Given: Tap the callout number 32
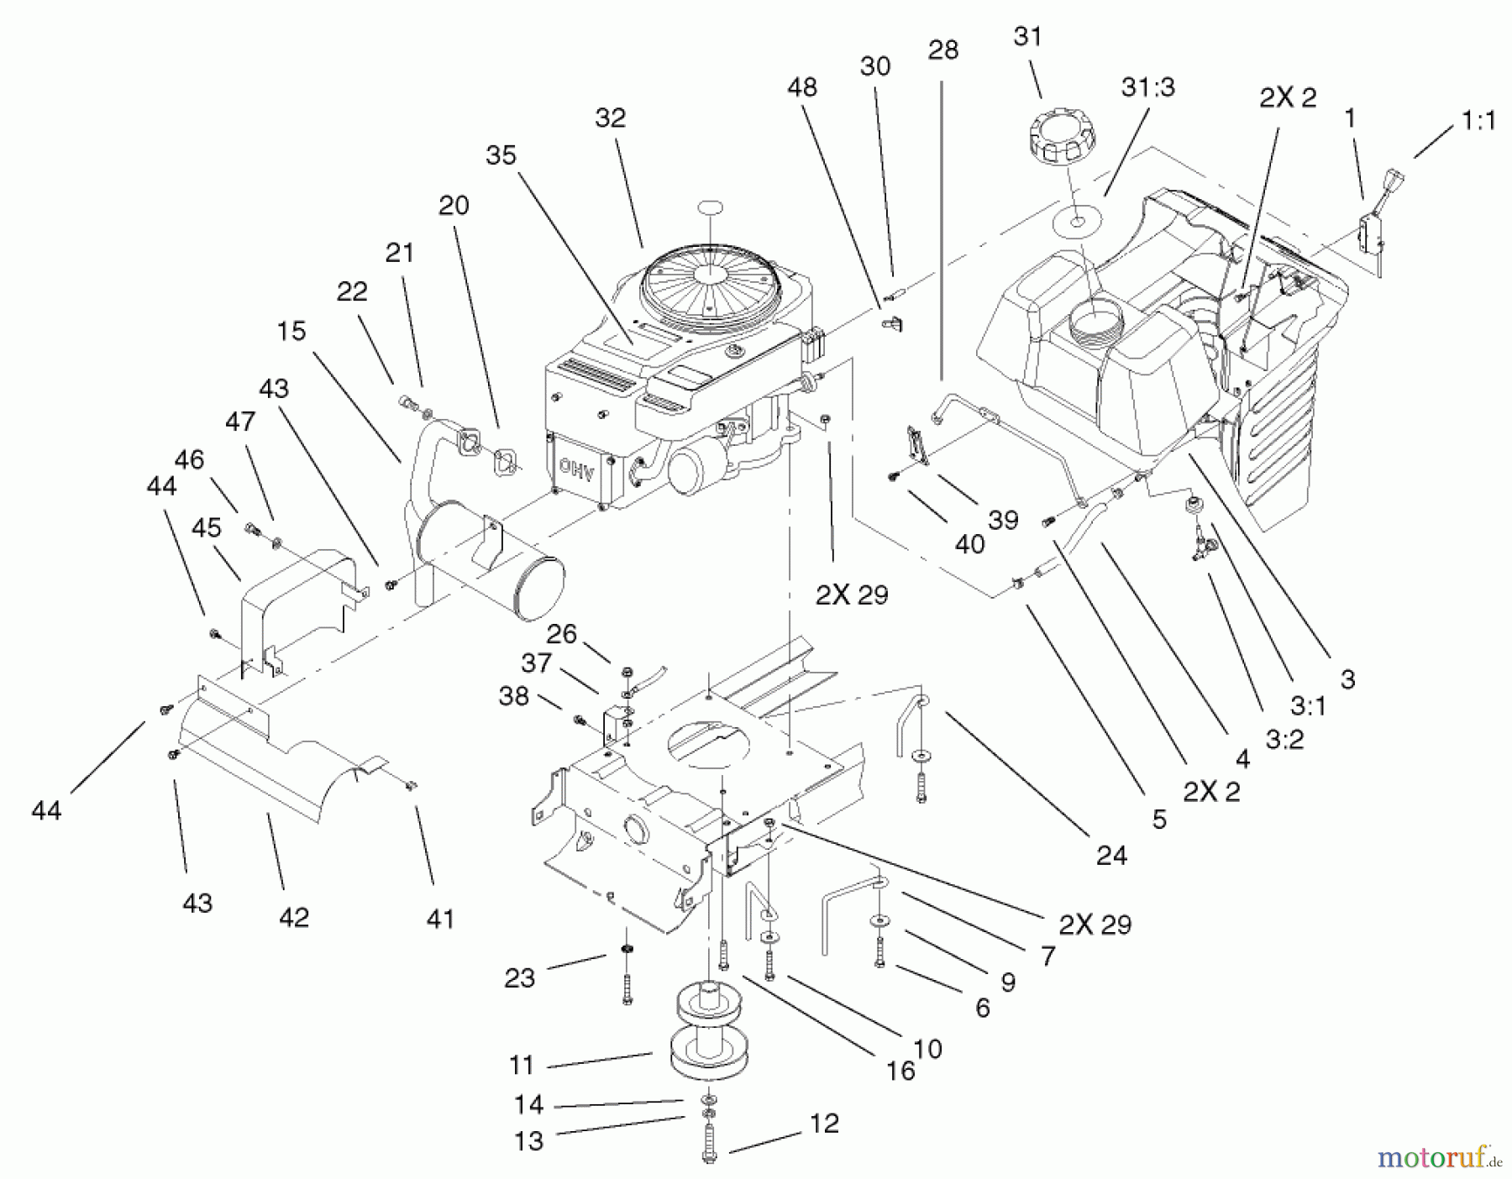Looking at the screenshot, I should (611, 118).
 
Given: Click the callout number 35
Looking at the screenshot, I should (501, 155).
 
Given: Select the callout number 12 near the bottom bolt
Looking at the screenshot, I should (825, 1124).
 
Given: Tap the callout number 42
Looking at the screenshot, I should (294, 917).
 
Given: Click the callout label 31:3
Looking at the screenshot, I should (1148, 87).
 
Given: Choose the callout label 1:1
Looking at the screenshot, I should (1478, 121).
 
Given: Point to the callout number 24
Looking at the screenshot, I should (1111, 855).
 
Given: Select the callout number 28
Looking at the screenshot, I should (942, 50).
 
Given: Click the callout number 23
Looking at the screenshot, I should (520, 977).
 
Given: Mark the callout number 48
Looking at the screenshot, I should (802, 87).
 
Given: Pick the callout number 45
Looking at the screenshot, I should (207, 527).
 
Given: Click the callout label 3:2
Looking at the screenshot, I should (1284, 740).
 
